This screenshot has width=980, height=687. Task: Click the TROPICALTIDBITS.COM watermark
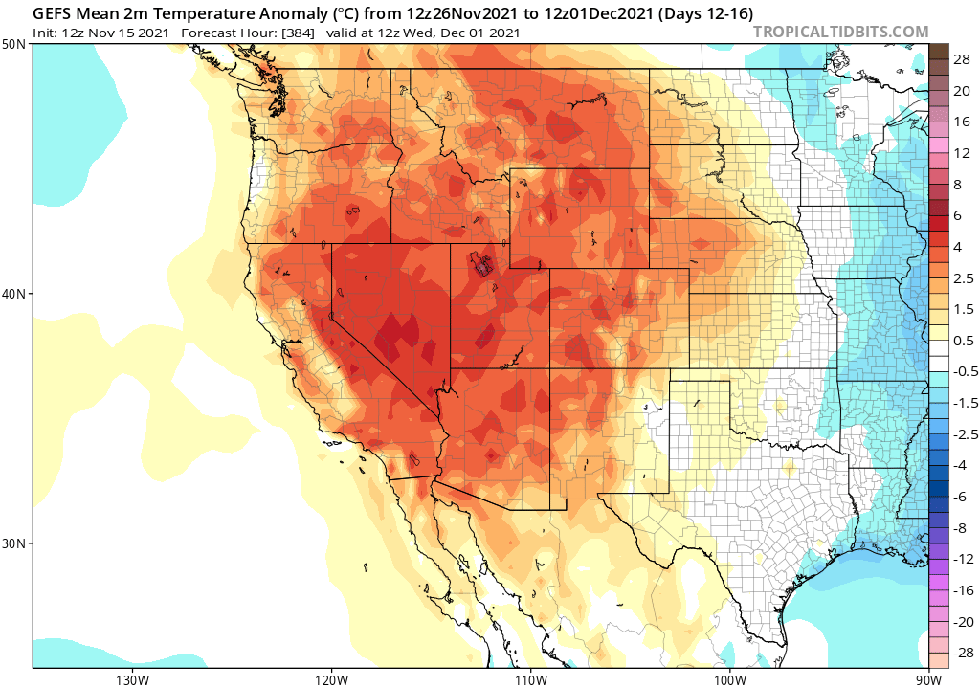[840, 32]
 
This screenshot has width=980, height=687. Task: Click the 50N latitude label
[14, 45]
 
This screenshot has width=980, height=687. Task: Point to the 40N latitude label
[14, 294]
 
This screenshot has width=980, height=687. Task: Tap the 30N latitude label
[14, 543]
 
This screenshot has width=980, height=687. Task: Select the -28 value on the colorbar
[960, 652]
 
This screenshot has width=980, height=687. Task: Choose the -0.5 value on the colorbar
[961, 371]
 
